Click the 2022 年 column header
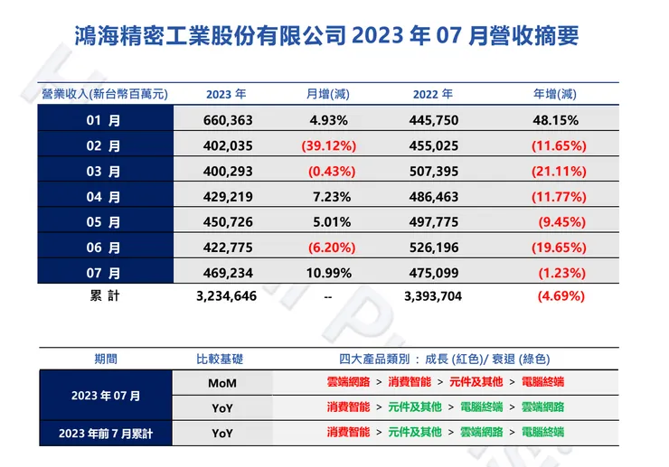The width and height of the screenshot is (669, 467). (432, 94)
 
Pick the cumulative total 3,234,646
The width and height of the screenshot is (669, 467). (226, 295)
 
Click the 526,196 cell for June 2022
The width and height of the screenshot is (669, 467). (432, 247)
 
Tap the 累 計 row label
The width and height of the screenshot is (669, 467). (105, 295)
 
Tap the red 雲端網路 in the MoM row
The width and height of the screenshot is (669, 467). (348, 383)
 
